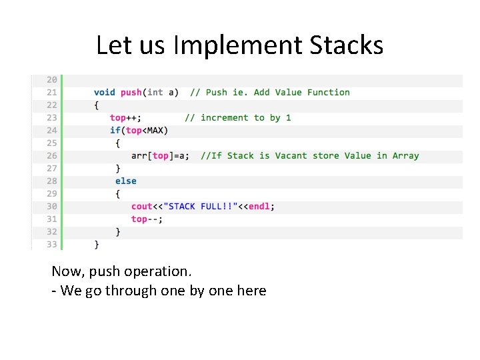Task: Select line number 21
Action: pyautogui.click(x=52, y=93)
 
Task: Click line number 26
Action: pyautogui.click(x=52, y=155)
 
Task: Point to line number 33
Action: pyautogui.click(x=52, y=244)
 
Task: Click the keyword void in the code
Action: pyautogui.click(x=105, y=93)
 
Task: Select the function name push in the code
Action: pyautogui.click(x=131, y=93)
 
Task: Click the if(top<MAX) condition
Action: pyautogui.click(x=139, y=131)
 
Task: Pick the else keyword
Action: pyautogui.click(x=125, y=181)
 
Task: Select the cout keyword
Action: pyautogui.click(x=142, y=206)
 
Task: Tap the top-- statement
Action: pyautogui.click(x=147, y=219)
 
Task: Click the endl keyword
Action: pyautogui.click(x=259, y=206)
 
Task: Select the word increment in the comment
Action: pyautogui.click(x=224, y=118)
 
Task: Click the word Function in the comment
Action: pyautogui.click(x=328, y=93)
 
